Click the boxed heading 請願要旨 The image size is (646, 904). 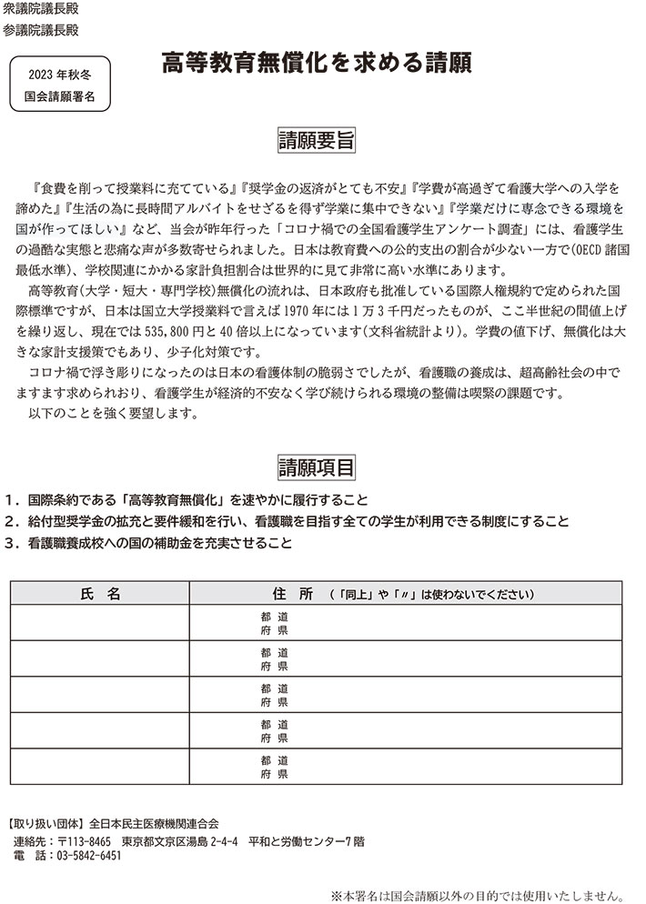click(x=316, y=141)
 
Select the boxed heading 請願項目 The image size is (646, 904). click(x=316, y=467)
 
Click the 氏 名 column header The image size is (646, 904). click(x=100, y=593)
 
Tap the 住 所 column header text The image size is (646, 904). click(x=292, y=593)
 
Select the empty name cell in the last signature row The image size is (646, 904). click(x=100, y=767)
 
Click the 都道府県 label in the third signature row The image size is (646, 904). click(x=274, y=695)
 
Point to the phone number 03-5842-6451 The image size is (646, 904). click(x=89, y=857)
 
